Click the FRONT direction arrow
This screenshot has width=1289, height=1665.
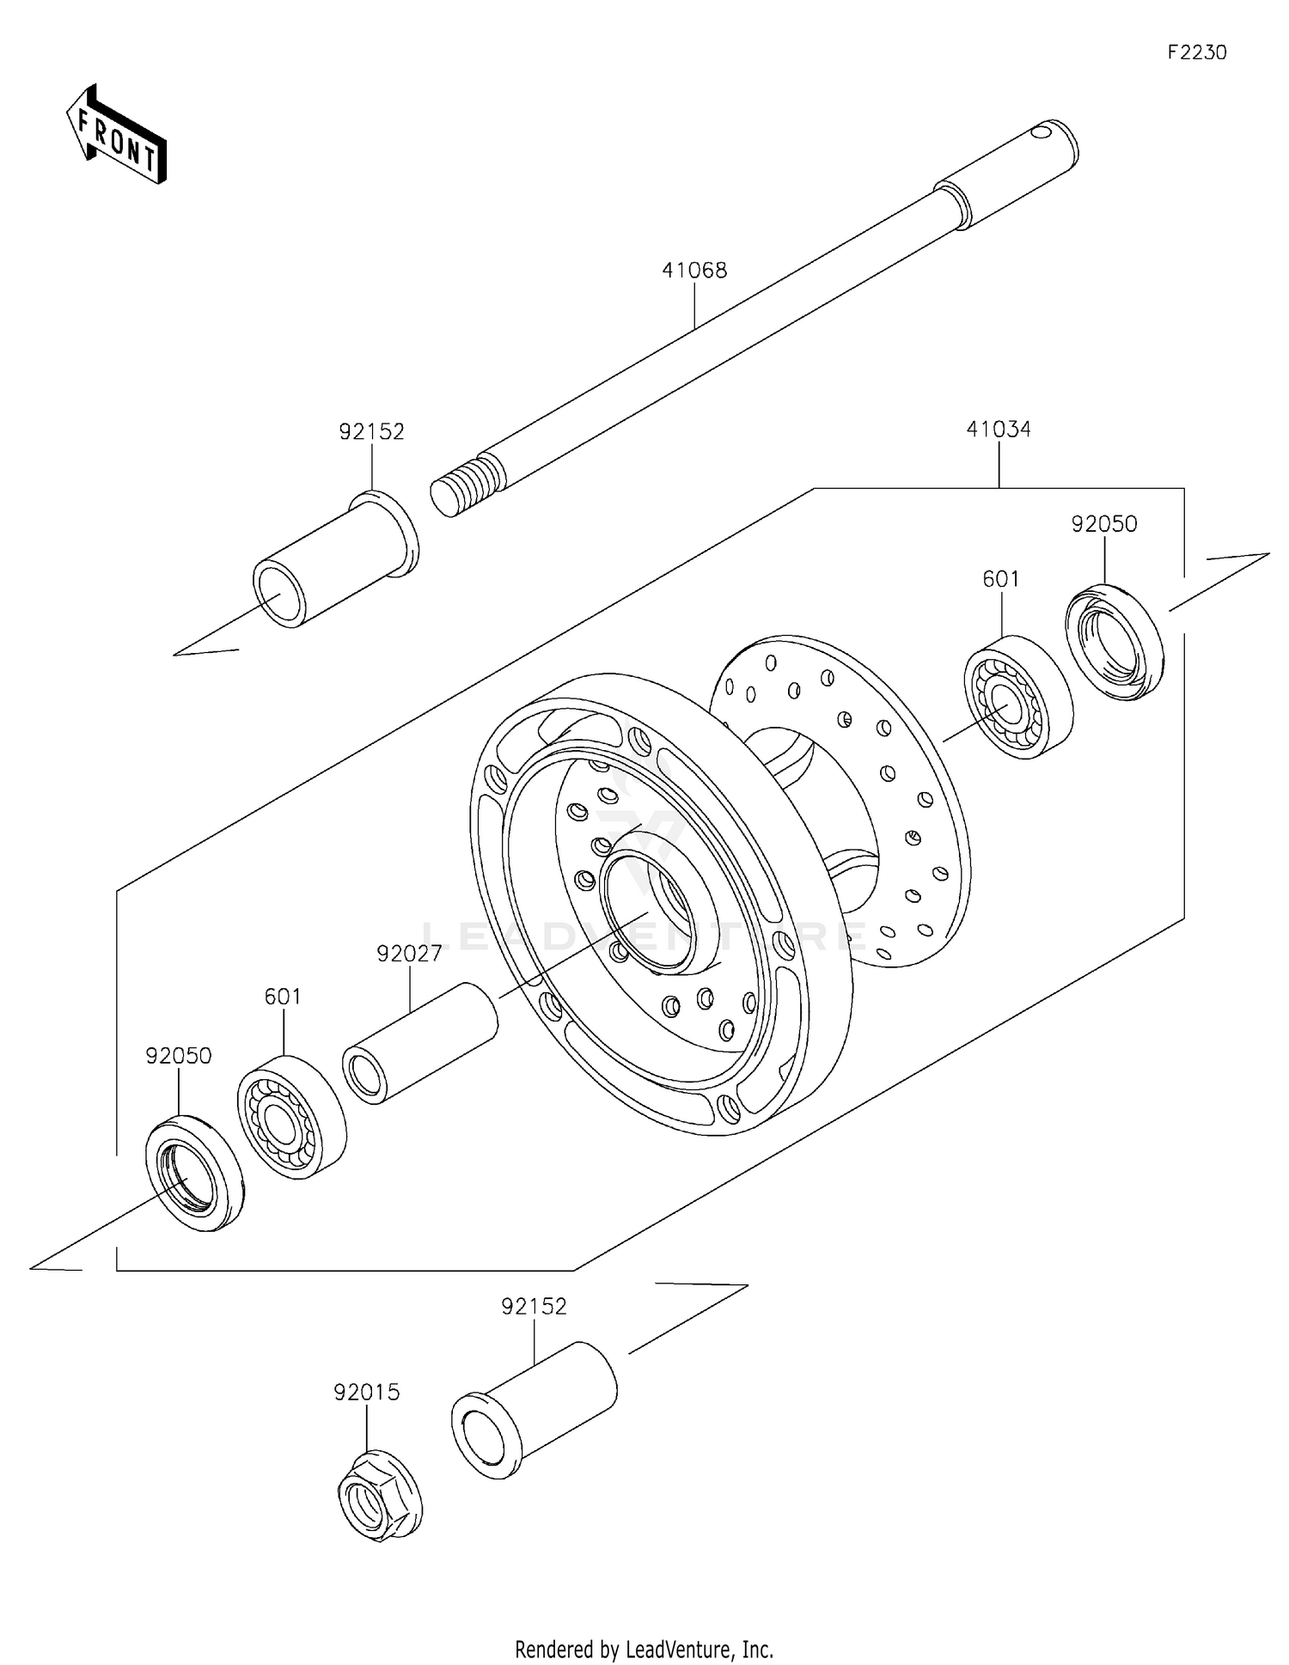(x=116, y=136)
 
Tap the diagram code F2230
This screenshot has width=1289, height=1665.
(x=1196, y=52)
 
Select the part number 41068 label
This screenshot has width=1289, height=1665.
(x=694, y=271)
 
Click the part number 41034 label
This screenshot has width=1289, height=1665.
(x=999, y=430)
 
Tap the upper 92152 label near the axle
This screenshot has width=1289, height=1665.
(x=371, y=431)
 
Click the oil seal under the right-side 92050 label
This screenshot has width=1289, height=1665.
(x=1115, y=641)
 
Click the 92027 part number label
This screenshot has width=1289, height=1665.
(x=409, y=954)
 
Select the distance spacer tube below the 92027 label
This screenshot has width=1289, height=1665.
(x=421, y=1043)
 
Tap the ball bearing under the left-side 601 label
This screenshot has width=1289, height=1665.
(x=291, y=1117)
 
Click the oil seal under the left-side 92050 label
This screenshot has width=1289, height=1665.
(x=194, y=1173)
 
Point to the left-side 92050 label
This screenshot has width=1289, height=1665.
(x=178, y=1056)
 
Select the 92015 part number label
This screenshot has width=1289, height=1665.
(x=367, y=1392)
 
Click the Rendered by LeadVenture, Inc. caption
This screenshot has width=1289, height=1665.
(x=644, y=1649)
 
